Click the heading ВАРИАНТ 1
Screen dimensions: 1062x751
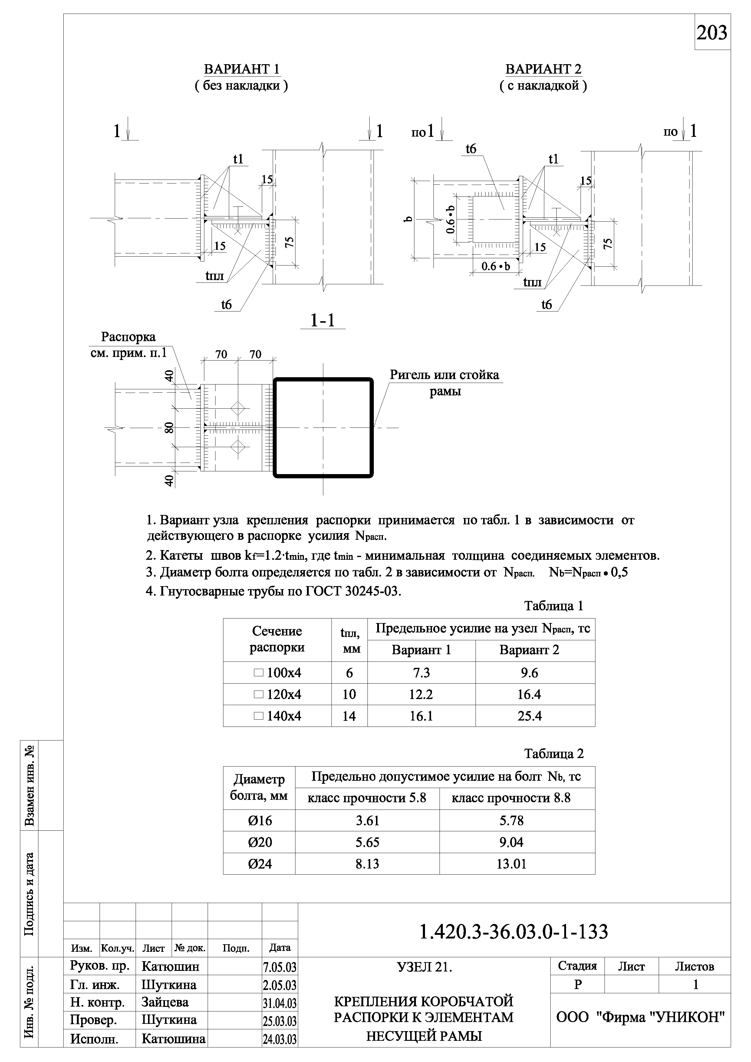(242, 69)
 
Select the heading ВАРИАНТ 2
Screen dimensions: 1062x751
(543, 69)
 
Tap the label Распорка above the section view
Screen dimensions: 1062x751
(128, 337)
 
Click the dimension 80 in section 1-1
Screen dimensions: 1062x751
(169, 428)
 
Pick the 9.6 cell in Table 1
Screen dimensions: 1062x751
(529, 673)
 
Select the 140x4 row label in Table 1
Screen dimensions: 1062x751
(278, 716)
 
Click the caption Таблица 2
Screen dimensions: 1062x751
(554, 754)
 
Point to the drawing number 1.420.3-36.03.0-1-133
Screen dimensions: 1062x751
(513, 932)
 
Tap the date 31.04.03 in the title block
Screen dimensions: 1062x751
(279, 1003)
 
